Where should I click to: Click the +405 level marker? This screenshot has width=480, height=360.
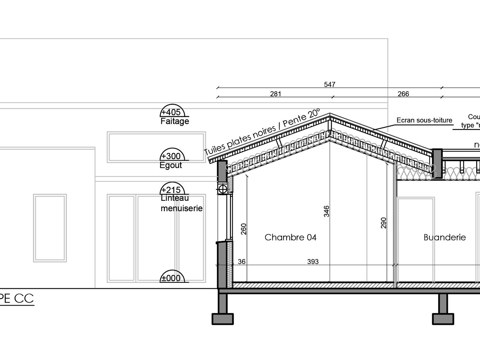coord(171,112)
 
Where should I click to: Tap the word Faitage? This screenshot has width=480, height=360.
coord(174,121)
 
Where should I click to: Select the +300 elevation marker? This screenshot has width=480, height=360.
coord(171,156)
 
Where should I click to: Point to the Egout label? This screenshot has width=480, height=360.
coord(170,165)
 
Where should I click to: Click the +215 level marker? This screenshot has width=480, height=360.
coord(171,190)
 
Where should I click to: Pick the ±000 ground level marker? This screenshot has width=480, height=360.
coord(171,278)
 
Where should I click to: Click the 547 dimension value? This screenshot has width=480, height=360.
coord(329,84)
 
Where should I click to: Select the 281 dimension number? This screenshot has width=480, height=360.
coord(275,94)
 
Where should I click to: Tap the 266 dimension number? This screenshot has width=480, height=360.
coord(403,94)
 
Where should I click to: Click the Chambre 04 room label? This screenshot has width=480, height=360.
coord(290,237)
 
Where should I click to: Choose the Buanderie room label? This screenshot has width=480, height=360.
coord(445,237)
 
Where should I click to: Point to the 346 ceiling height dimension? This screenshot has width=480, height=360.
coord(326,211)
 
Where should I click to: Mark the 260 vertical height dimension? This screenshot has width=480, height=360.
coord(244,229)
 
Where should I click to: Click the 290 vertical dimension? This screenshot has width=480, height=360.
coord(384,223)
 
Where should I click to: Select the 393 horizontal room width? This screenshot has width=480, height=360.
coord(313,262)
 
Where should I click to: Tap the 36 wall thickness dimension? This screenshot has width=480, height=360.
coord(242,262)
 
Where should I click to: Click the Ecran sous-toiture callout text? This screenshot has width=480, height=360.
coord(424,120)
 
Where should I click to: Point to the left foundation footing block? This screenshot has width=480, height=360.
coord(222,319)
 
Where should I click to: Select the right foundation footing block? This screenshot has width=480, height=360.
coord(443,319)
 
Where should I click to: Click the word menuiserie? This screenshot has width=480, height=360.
coord(181,208)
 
